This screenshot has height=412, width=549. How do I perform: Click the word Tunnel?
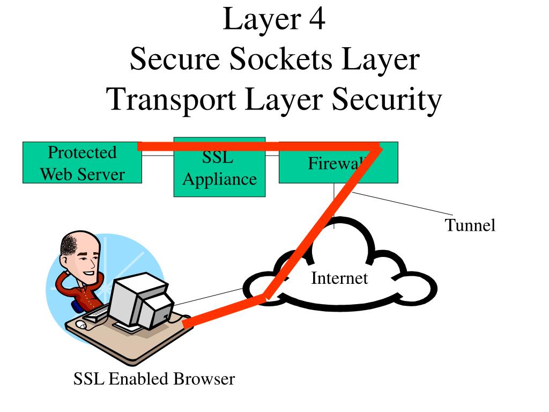(470, 225)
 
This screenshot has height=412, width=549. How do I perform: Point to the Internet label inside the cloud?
(339, 278)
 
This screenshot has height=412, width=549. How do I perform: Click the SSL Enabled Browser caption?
(154, 379)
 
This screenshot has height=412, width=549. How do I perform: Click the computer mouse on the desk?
(81, 325)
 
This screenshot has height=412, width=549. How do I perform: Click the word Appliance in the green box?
(219, 179)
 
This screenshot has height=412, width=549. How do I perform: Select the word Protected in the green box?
(82, 152)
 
